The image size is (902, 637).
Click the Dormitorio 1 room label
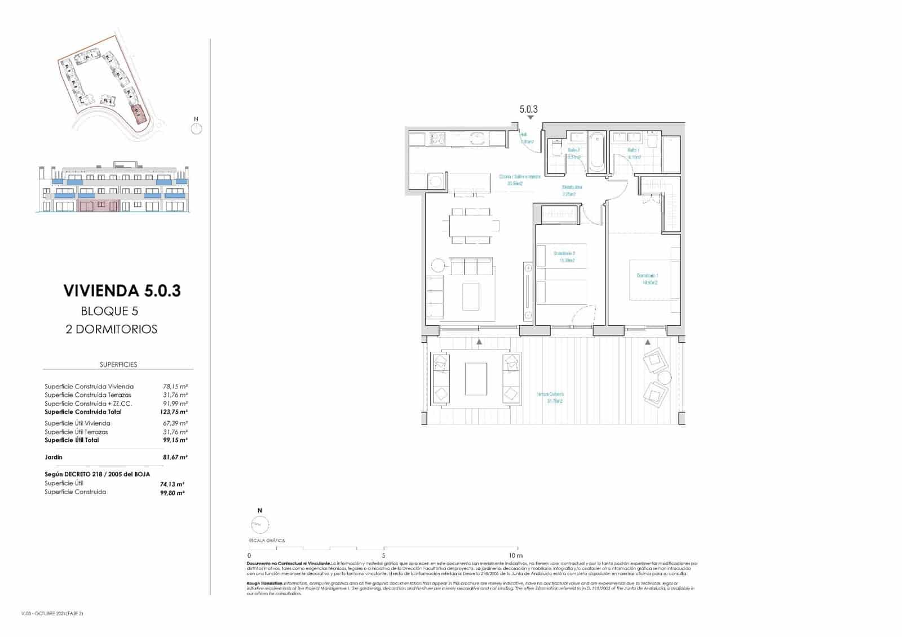pos(647,278)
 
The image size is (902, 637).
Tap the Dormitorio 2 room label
pos(564,256)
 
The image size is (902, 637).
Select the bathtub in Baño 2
pos(597,152)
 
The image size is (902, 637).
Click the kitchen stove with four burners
pos(438,138)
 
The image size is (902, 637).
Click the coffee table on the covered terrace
pos(476,379)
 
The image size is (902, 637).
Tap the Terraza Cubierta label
pos(550,397)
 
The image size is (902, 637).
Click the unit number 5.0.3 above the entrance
pos(529,109)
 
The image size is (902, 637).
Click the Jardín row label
pos(54,457)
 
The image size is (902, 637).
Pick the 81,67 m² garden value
pos(175,457)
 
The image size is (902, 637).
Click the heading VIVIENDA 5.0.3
pos(122,291)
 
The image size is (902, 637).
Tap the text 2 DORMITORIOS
pos(112,329)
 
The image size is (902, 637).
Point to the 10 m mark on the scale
pos(516,555)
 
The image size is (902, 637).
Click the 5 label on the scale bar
pos(383,555)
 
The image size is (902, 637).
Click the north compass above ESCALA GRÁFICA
pos(260,524)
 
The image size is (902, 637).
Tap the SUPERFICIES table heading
pos(118,365)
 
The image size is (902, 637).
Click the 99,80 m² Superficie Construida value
pos(173,493)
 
